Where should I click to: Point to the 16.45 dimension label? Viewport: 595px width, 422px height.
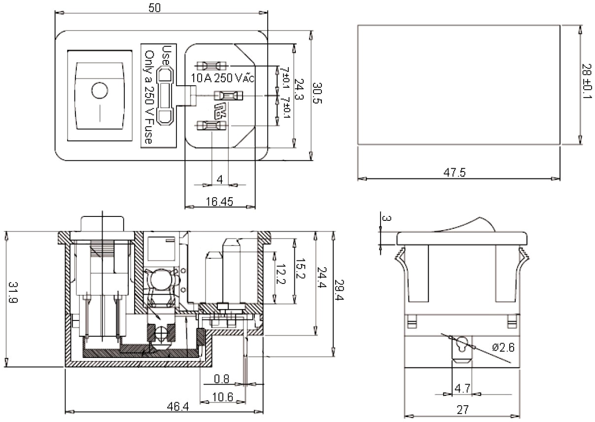220,202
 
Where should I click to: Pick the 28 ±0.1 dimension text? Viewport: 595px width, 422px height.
587,82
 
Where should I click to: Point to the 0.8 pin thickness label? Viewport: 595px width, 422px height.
222,379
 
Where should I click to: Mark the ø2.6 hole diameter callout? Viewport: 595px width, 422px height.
503,348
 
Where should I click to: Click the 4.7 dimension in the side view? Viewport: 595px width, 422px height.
462,388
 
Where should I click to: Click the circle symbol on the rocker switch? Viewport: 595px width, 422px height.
100,91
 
